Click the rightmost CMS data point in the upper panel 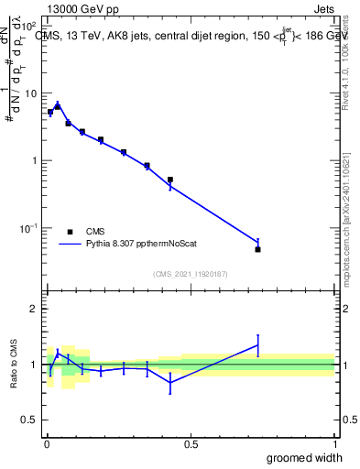coord(258,249)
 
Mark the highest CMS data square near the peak coord(57,106)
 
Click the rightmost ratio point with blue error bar coord(258,345)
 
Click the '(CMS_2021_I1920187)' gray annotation coord(191,273)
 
